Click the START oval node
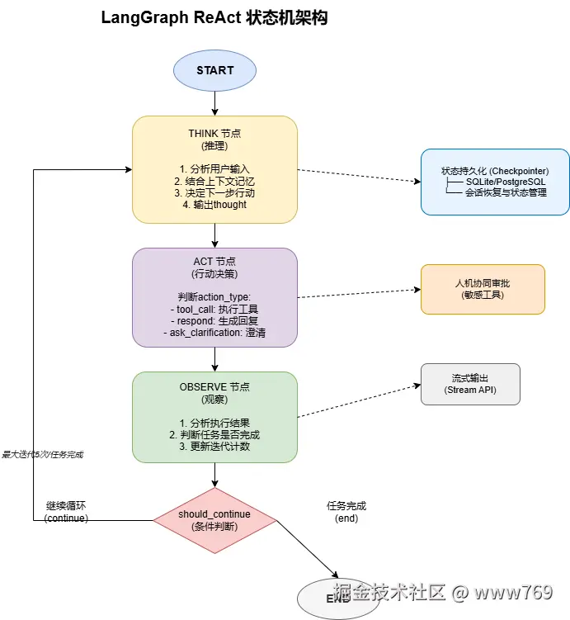pos(214,70)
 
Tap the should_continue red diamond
pos(214,520)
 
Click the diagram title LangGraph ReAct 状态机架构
pos(214,18)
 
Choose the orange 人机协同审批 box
pos(483,289)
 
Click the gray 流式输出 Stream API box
pos(470,384)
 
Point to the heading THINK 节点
pos(214,134)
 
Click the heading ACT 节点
pos(214,262)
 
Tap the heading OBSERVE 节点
pos(214,386)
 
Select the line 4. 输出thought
pos(214,205)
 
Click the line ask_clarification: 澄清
pos(214,332)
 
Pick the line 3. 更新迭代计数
pos(214,447)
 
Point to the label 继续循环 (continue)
pos(67,512)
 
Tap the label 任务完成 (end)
pos(346,512)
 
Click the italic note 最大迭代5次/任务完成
pos(43,454)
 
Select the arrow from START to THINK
pos(214,102)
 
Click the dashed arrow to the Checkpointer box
pos(359,176)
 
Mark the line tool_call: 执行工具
pos(214,309)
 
